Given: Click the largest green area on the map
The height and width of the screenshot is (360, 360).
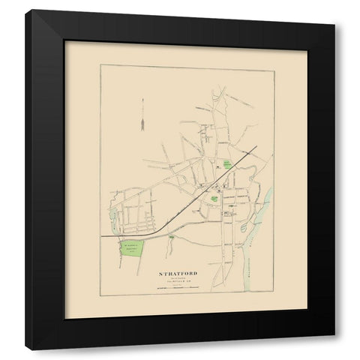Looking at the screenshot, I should pyautogui.click(x=132, y=252).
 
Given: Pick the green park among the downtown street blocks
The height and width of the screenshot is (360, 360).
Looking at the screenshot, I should pyautogui.click(x=214, y=199).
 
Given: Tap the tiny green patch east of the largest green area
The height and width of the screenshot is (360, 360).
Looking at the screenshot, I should pyautogui.click(x=172, y=238).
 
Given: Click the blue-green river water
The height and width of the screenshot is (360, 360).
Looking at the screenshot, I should pyautogui.click(x=265, y=202).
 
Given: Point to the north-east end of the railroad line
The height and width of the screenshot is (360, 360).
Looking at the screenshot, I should pyautogui.click(x=259, y=148).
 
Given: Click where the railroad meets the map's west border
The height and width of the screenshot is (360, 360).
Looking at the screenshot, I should pyautogui.click(x=102, y=238).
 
